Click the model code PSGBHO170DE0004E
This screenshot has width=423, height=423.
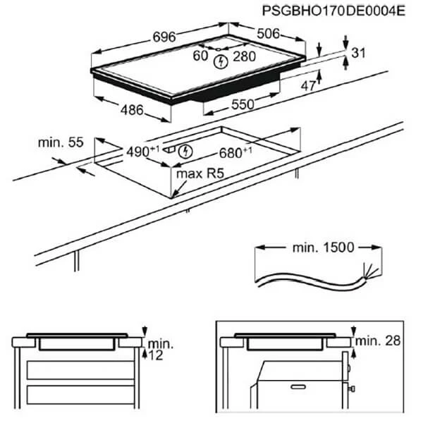(333, 11)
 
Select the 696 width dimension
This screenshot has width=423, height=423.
(164, 37)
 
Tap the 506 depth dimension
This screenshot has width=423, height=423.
(269, 34)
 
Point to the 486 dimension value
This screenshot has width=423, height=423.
(132, 110)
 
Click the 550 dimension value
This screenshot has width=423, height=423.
(243, 104)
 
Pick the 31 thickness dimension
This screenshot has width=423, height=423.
(359, 53)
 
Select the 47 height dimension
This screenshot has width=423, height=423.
(308, 86)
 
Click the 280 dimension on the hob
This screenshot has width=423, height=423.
(245, 56)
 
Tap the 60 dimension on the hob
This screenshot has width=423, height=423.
(200, 56)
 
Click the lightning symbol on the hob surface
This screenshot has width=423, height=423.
(221, 62)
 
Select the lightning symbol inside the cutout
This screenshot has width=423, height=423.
(185, 152)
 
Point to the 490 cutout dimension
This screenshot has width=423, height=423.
(143, 152)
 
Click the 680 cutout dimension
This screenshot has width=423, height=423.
(235, 153)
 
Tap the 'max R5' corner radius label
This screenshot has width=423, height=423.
(200, 174)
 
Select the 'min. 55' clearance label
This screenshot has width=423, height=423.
(61, 142)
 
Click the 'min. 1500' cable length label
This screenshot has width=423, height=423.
(323, 247)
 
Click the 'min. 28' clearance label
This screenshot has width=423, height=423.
(378, 341)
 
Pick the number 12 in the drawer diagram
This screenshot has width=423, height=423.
(156, 355)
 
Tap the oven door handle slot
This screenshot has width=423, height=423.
(298, 387)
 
